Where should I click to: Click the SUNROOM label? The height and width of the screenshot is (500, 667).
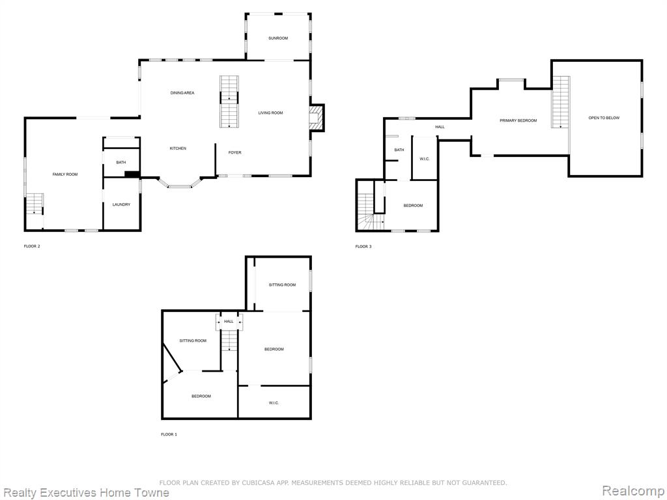tap(278, 38)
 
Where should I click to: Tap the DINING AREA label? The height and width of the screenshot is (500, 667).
tap(182, 92)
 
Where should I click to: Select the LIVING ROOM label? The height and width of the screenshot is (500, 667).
tap(270, 113)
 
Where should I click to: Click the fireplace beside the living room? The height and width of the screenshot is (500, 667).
tap(316, 117)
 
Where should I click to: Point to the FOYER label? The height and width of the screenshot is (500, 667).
tap(234, 152)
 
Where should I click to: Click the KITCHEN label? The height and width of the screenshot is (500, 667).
tap(178, 148)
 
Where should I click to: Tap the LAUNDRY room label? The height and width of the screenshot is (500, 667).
tap(121, 204)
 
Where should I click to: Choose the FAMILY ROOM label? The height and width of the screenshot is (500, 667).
tap(65, 174)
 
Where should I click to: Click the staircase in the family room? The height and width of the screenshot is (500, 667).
tap(35, 204)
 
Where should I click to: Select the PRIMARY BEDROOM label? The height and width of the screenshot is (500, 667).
tap(518, 120)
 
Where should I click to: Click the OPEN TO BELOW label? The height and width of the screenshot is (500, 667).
tap(604, 118)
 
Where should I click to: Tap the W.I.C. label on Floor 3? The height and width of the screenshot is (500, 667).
tap(425, 159)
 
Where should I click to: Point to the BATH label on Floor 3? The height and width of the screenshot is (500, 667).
tap(399, 150)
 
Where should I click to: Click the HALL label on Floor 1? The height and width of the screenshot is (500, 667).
tap(229, 322)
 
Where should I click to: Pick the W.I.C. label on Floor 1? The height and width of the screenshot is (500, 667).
tap(274, 402)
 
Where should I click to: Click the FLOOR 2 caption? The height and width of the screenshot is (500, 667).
tap(32, 246)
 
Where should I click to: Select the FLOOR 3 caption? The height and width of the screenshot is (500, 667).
tap(363, 247)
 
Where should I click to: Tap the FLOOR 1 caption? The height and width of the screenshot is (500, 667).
tap(169, 434)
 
